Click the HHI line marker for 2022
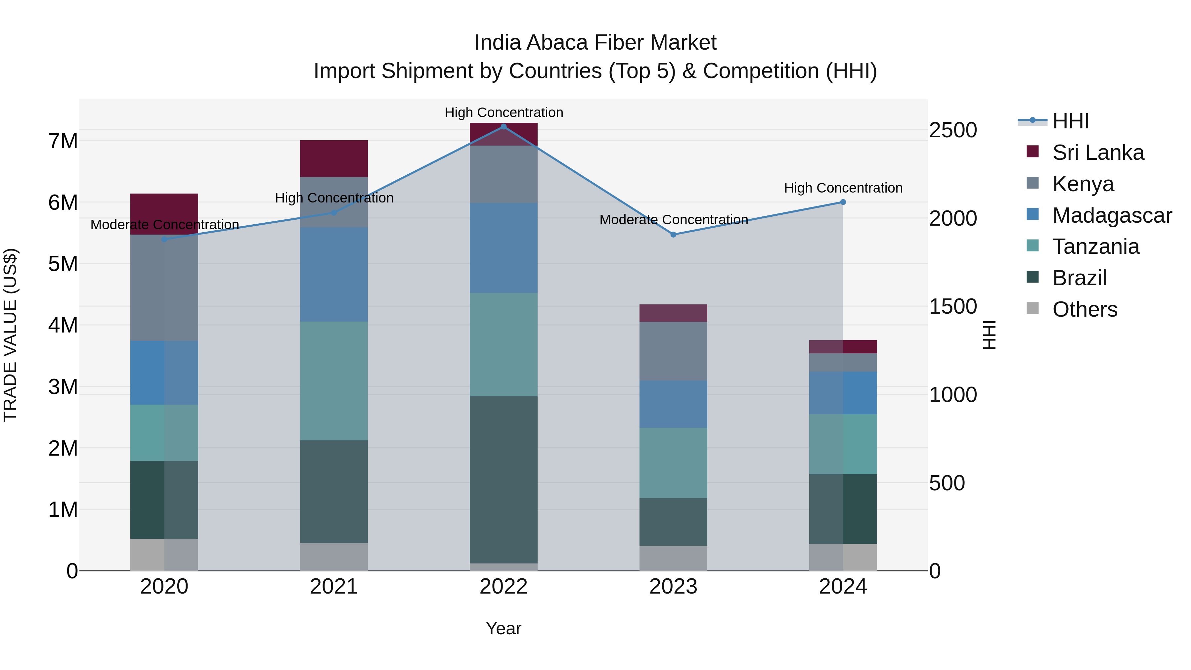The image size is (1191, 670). pos(504,126)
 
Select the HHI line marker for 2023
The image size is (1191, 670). pos(673,235)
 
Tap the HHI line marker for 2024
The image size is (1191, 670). pos(843,202)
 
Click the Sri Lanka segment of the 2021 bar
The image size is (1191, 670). pos(334,158)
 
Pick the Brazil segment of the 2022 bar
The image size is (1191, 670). pos(504,479)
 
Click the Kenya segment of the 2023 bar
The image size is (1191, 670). pos(673,351)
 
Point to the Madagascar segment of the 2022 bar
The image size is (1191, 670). pos(504,247)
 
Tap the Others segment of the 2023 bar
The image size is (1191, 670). pos(673,558)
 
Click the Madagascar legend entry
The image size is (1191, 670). pos(1112,215)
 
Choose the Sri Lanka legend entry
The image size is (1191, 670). pos(1098,153)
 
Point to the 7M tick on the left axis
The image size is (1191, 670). pos(63,141)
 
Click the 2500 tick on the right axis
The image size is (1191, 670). pos(953,130)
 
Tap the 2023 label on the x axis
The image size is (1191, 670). pos(673,587)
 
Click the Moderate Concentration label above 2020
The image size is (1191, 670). pos(165,225)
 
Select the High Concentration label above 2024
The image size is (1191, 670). pos(843,188)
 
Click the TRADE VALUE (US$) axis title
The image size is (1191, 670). pos(10,335)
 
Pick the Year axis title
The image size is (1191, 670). pos(504,628)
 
